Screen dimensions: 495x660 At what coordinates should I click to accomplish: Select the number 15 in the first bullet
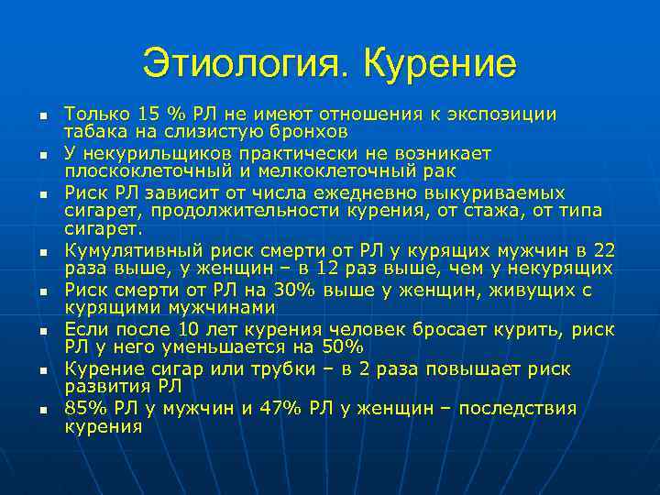coord(148,114)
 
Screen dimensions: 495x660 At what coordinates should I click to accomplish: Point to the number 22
coord(603,250)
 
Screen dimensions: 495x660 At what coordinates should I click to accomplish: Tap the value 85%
coord(82,409)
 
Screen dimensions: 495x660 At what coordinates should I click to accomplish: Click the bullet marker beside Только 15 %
coord(42,115)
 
